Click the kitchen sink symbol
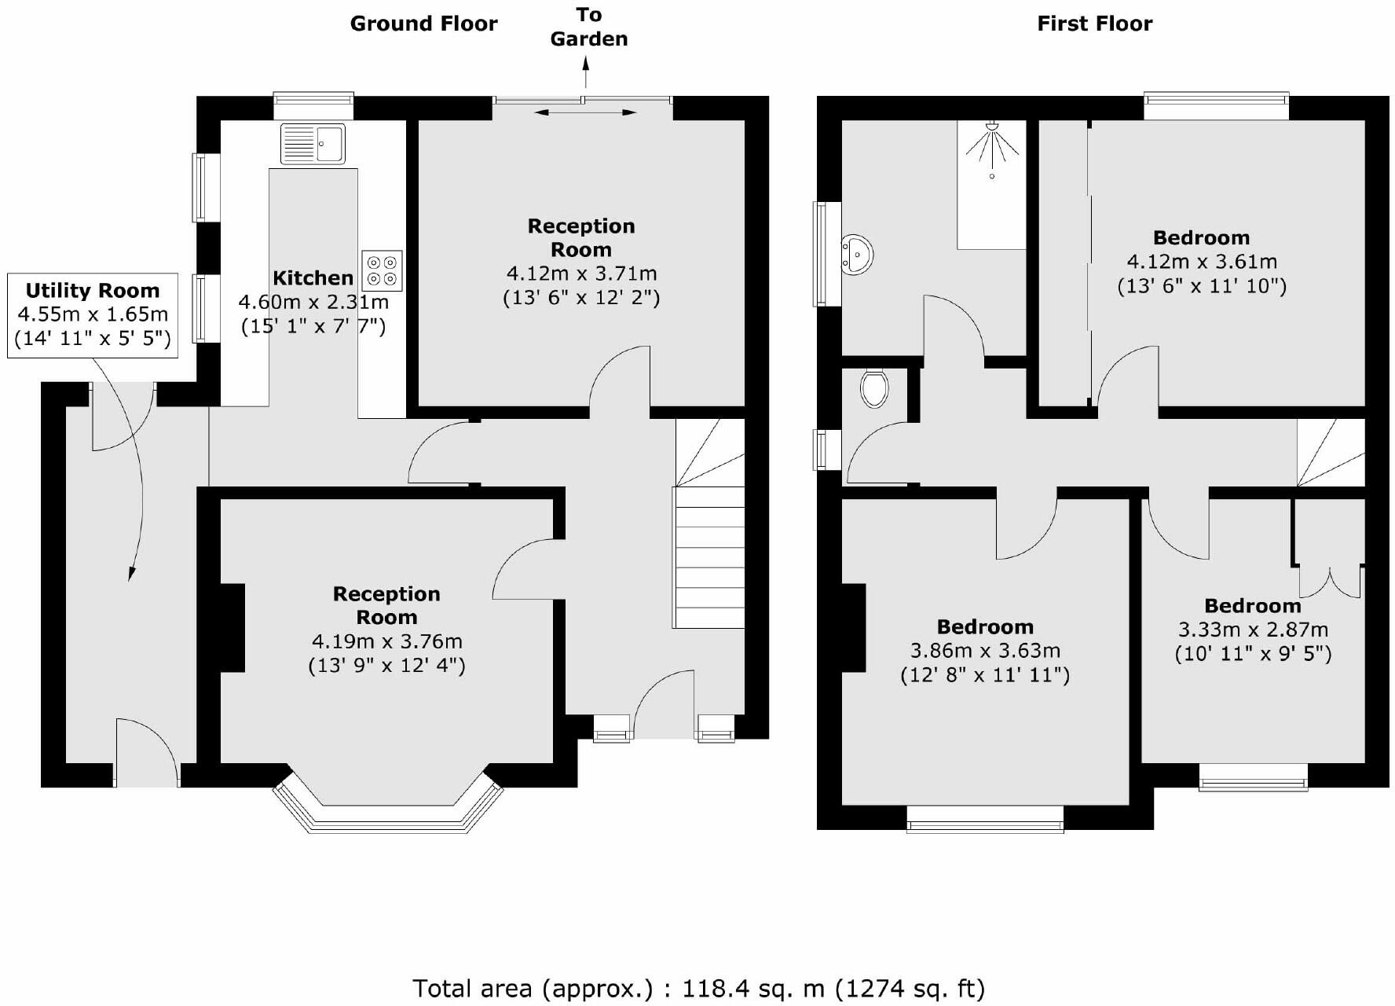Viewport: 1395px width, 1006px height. tap(312, 144)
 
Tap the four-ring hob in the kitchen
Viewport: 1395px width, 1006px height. tap(382, 270)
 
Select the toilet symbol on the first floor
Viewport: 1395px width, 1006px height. tap(873, 387)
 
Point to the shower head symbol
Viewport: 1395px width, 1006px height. tap(991, 146)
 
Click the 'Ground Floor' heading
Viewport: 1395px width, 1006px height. tap(423, 24)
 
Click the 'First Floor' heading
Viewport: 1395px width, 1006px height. tap(1094, 24)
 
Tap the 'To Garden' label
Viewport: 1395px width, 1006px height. tap(588, 27)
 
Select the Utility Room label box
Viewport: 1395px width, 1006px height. tap(93, 314)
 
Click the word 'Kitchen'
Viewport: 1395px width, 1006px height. tap(313, 277)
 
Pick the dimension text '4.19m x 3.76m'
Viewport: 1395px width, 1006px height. tap(386, 641)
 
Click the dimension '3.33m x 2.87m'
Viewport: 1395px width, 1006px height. tap(1253, 630)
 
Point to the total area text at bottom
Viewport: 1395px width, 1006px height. tap(697, 988)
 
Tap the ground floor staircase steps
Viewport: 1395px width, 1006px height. tap(708, 558)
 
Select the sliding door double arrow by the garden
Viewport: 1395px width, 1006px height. tap(585, 113)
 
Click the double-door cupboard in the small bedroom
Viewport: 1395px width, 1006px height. tap(1329, 582)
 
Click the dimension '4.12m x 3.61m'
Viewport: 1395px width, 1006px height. tap(1202, 262)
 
